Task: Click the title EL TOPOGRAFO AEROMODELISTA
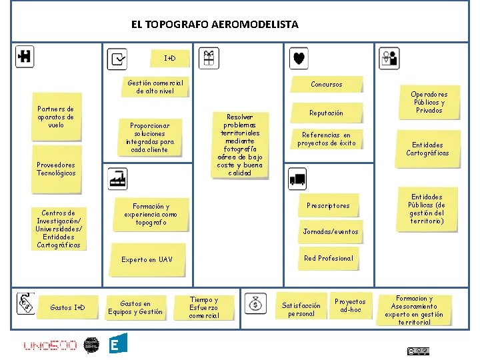tap(215, 25)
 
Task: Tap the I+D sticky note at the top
tap(170, 59)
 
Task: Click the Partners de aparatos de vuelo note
tap(56, 117)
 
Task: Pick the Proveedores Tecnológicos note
tap(56, 169)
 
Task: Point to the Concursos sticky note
tap(326, 85)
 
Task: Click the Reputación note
tap(326, 113)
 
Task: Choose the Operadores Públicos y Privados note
tap(429, 103)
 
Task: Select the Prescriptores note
tap(327, 206)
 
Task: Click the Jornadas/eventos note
tap(331, 231)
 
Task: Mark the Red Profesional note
tap(328, 259)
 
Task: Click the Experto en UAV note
tap(147, 259)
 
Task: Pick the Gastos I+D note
tap(67, 307)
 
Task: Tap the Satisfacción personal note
tap(301, 309)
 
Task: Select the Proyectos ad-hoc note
tap(349, 306)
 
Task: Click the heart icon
tap(299, 59)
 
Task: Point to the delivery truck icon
tap(297, 179)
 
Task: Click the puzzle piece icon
tap(25, 57)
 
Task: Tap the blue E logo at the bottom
tap(117, 344)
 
